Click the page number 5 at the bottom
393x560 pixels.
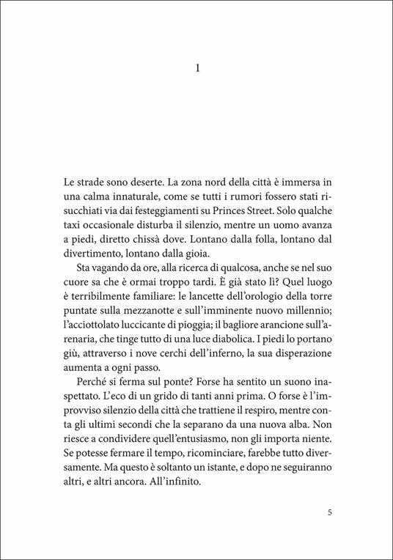coord(331,512)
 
